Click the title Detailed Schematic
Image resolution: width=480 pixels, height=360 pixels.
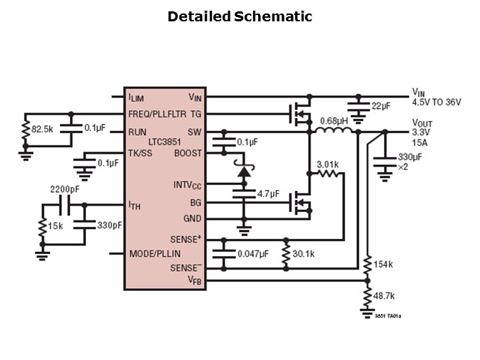click(x=240, y=16)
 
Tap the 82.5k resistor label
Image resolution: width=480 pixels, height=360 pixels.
click(x=42, y=129)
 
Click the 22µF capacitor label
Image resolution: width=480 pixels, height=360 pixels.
click(x=380, y=106)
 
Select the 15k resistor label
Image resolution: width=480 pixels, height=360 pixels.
click(x=55, y=226)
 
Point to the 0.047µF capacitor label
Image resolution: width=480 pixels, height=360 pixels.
click(x=253, y=253)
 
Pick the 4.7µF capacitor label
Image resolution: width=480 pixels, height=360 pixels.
click(x=269, y=194)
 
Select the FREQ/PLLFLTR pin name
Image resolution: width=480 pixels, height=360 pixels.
click(x=158, y=114)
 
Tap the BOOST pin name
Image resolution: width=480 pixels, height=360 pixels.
click(x=188, y=153)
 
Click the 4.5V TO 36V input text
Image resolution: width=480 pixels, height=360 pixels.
click(x=437, y=102)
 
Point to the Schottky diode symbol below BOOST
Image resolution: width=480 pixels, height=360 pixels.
click(x=243, y=171)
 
